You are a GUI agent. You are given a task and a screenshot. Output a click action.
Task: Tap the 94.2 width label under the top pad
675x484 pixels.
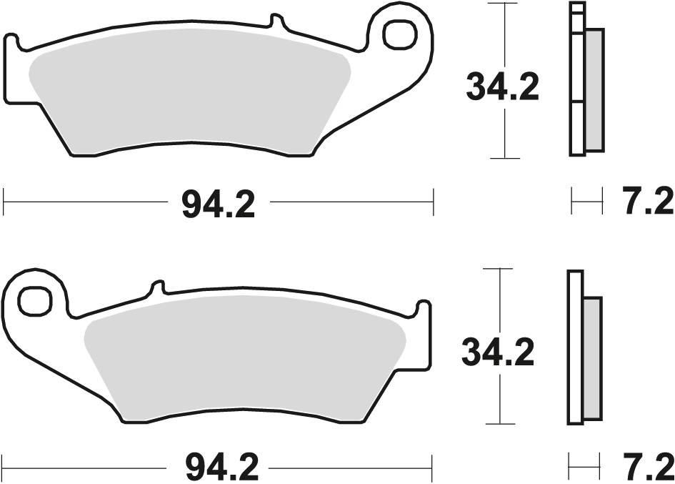coord(217,205)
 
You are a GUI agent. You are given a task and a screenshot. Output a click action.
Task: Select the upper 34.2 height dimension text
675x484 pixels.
coord(501,88)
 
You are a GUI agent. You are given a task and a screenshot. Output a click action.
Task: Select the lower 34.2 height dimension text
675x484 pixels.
coord(498,352)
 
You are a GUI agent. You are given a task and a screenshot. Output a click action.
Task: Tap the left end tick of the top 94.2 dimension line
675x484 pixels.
coord(4,202)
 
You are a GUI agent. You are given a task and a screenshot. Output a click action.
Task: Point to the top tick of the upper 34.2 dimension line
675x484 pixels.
coord(505,4)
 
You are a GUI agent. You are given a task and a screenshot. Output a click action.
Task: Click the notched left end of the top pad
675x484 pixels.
coord(14,50)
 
